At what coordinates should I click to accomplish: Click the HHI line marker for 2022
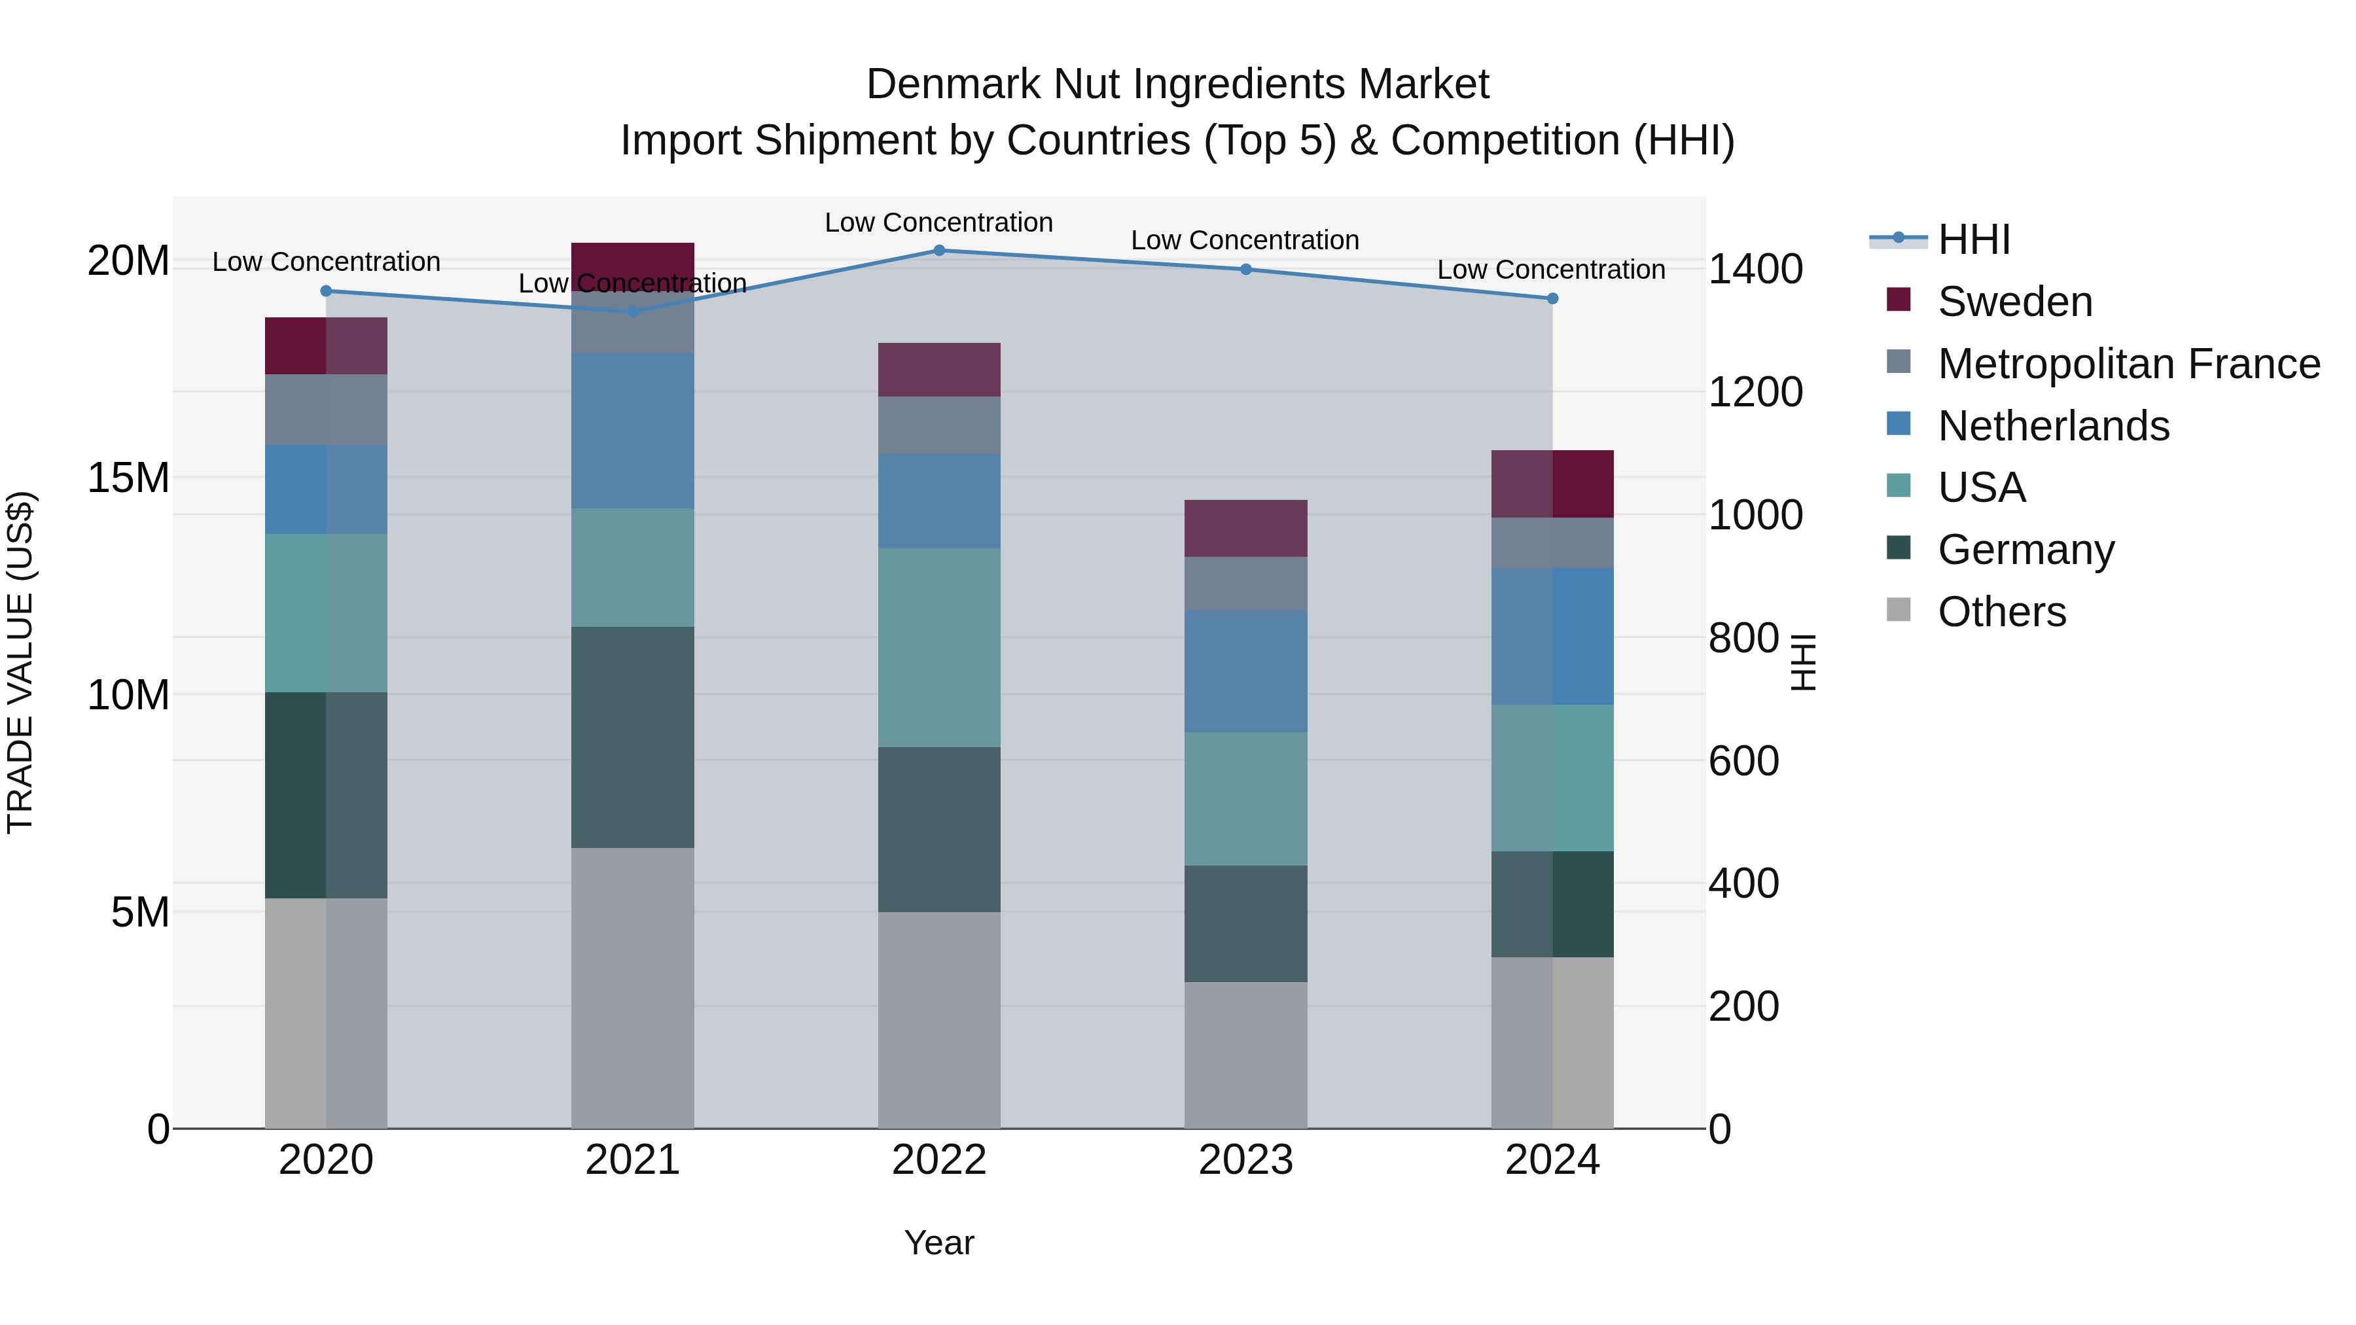pos(938,251)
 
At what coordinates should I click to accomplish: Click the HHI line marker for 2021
pos(632,312)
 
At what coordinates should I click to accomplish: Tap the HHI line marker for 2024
pos(1552,299)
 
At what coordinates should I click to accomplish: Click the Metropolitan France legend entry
pos(2128,364)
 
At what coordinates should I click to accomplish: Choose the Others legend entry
pos(2001,612)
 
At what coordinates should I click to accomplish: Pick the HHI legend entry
pos(1974,239)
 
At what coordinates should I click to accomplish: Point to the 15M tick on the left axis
pos(128,478)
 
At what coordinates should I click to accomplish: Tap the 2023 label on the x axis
pos(1245,1160)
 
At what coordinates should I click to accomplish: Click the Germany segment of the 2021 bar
pos(632,737)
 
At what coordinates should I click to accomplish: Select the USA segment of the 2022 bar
pos(938,647)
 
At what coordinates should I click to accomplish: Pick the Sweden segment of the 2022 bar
pos(938,370)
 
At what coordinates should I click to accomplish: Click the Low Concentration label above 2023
pos(1245,241)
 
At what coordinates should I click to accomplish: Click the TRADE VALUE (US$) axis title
pos(20,662)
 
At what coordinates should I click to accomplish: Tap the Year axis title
pos(938,1243)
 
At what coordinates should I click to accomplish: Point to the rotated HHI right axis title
pos(1802,662)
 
